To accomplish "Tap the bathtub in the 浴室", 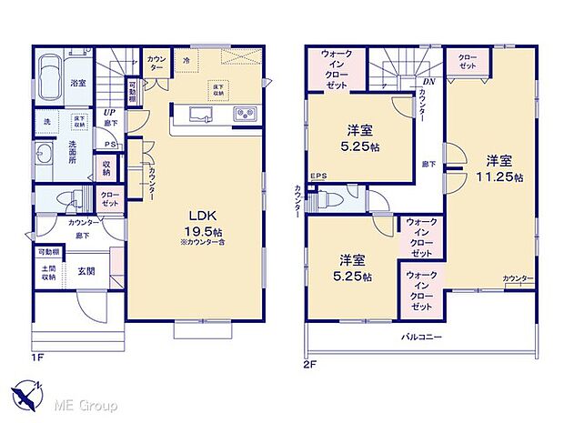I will click(54, 71).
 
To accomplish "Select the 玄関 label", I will click(86, 270).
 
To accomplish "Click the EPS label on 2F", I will click(318, 176).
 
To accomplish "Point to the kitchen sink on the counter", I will click(198, 115).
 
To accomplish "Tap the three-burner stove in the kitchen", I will click(245, 115).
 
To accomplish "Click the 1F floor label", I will click(37, 357).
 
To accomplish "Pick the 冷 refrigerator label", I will click(185, 62).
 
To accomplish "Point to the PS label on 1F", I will click(110, 143).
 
